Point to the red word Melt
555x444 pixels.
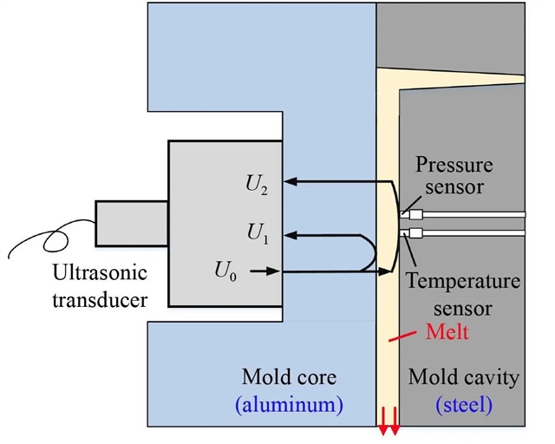click(x=448, y=331)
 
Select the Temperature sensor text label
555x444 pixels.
click(x=464, y=294)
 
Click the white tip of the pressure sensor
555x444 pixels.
click(x=414, y=214)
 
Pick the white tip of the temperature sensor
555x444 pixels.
click(x=414, y=232)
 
